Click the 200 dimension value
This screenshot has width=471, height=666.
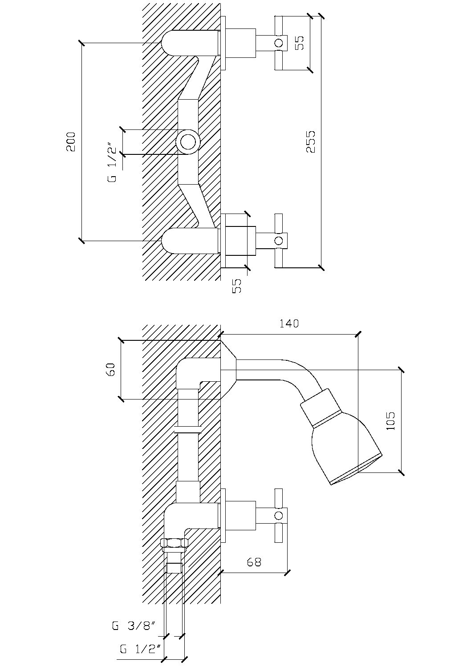[x=72, y=141]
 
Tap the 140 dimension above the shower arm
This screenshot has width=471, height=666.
[x=289, y=323]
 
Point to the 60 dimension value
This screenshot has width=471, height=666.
[x=111, y=369]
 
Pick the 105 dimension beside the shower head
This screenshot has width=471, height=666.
[x=390, y=420]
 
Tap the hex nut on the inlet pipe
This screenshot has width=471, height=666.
[x=175, y=543]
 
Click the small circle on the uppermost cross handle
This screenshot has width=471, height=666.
[x=279, y=43]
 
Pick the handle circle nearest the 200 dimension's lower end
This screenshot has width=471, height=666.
[x=279, y=241]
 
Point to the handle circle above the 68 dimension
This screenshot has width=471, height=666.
[x=279, y=516]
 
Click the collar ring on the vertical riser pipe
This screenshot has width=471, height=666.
[x=187, y=430]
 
